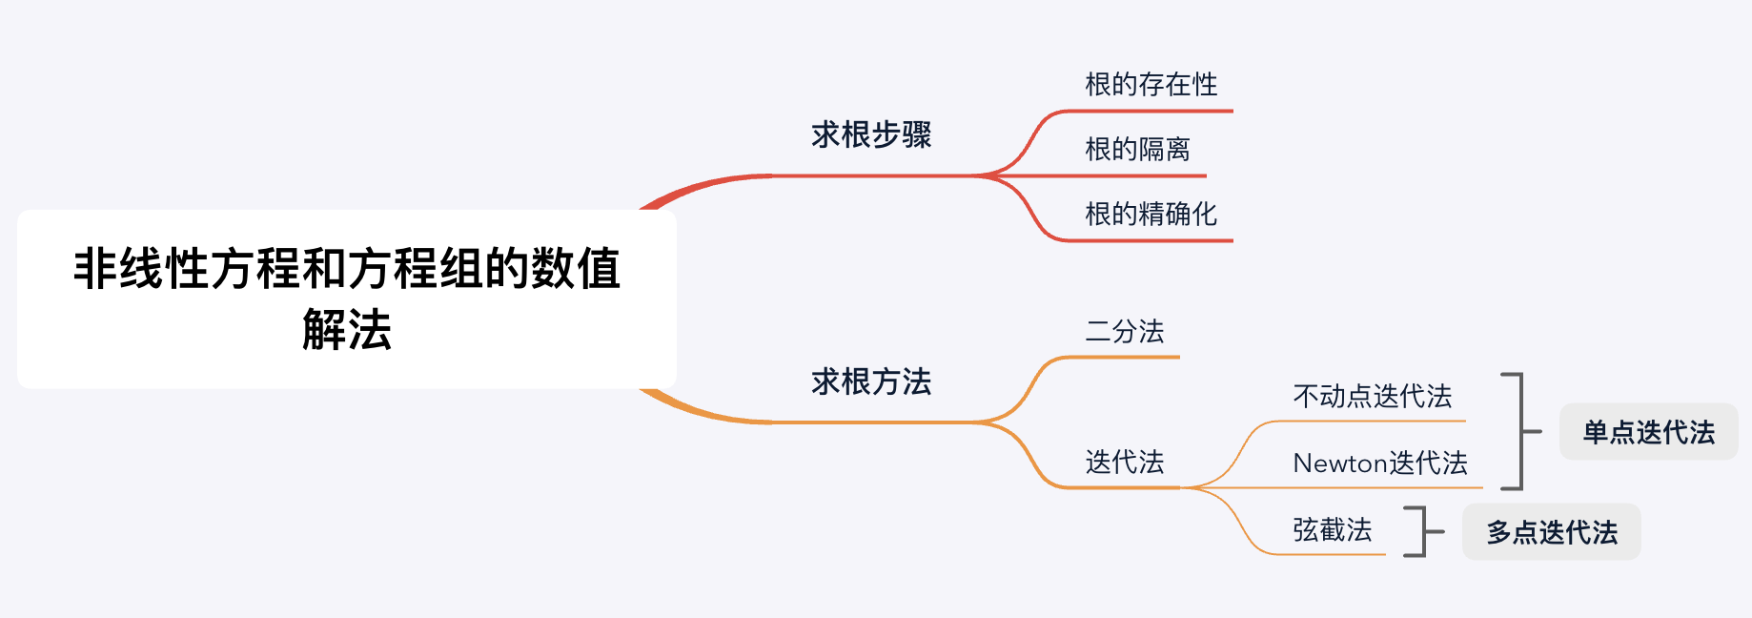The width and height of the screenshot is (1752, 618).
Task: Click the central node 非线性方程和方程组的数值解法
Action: (347, 299)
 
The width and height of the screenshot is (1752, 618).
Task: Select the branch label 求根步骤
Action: (871, 134)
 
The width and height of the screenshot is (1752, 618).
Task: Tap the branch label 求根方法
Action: (871, 381)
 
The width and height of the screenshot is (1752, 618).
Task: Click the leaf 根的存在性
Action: (1151, 84)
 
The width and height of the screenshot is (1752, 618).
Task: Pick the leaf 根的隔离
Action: (1137, 149)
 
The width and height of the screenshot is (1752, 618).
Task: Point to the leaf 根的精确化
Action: (1151, 214)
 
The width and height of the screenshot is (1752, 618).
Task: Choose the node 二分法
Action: (1125, 331)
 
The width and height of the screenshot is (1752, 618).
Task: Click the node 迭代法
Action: (1125, 463)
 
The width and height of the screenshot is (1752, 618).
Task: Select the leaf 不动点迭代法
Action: (1372, 396)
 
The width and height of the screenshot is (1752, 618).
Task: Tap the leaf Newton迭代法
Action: (1380, 463)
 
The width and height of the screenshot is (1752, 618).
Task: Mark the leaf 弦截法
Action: (1332, 529)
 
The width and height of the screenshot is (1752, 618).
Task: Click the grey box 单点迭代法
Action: (1648, 432)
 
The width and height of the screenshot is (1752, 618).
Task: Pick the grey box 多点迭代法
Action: (1551, 532)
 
